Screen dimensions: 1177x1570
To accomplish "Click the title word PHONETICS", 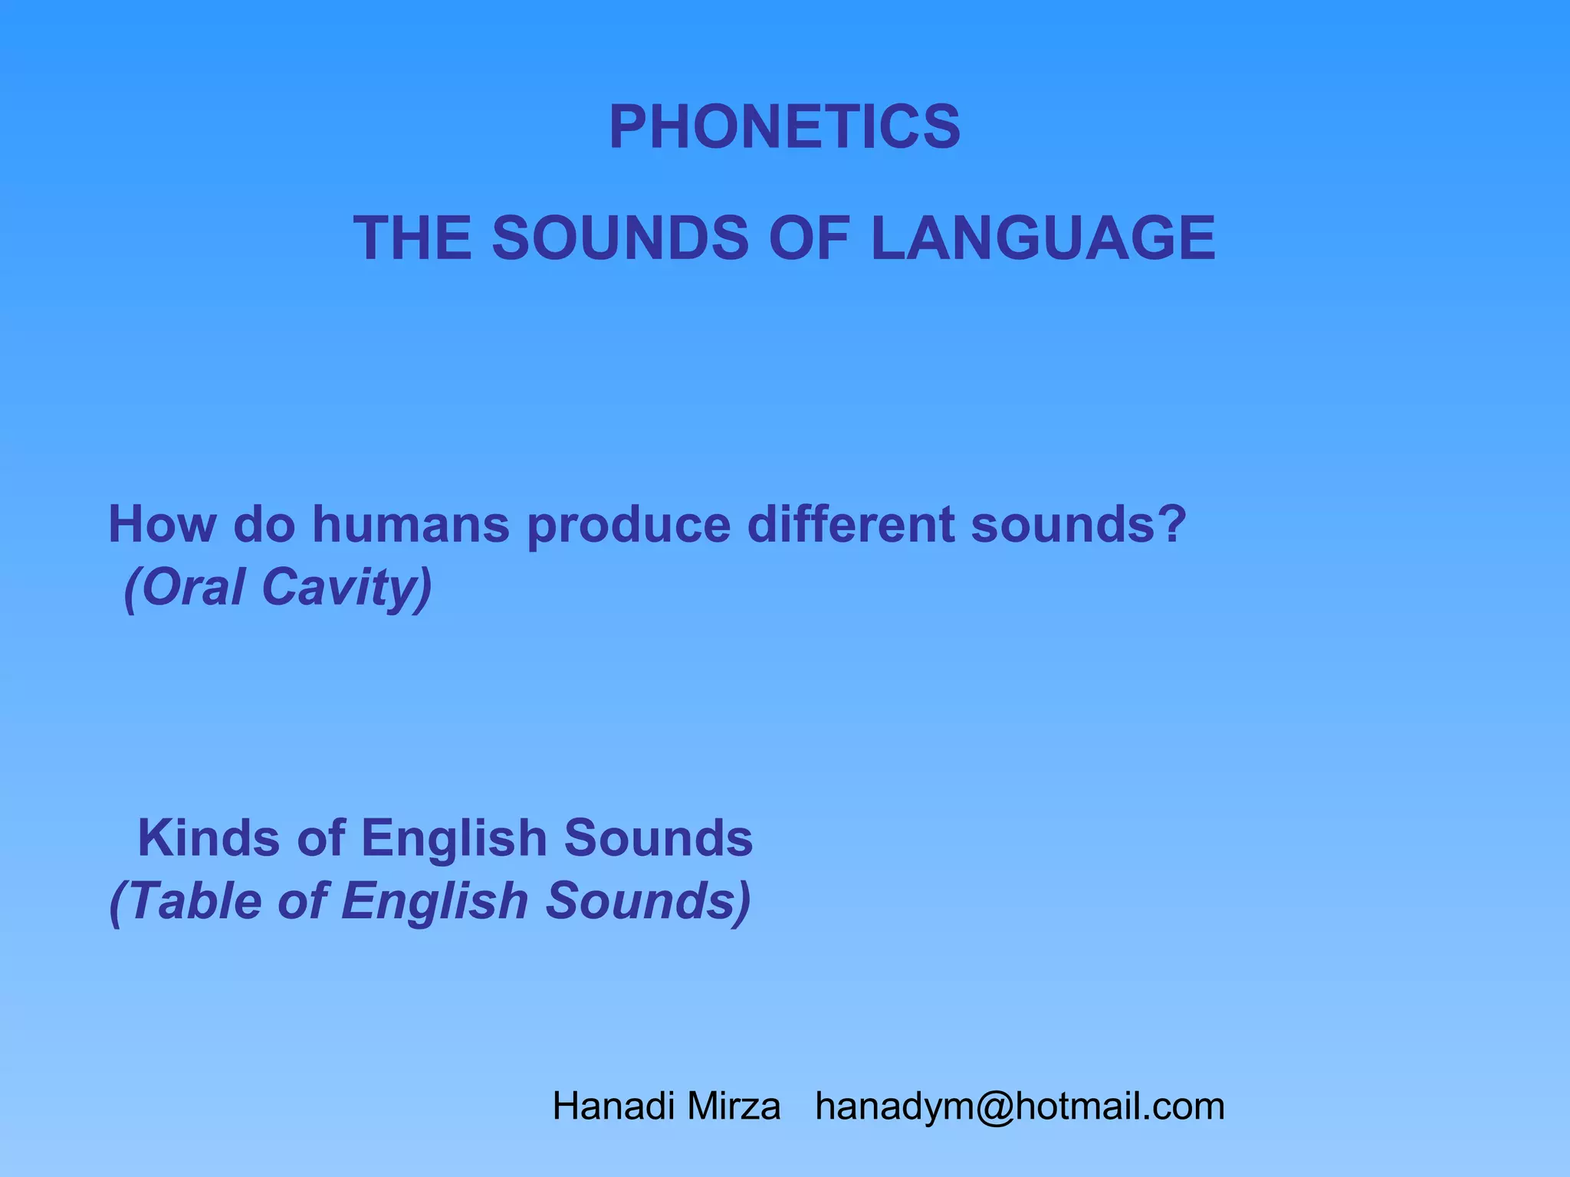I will click(x=784, y=127).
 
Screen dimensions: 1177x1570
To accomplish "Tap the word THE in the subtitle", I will click(x=412, y=238).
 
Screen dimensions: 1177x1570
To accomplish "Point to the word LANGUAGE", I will click(x=1043, y=238).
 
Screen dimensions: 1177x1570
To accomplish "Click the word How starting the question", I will click(x=160, y=525).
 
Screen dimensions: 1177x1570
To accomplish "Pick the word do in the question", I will click(x=264, y=525).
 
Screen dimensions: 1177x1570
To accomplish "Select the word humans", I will click(x=411, y=525).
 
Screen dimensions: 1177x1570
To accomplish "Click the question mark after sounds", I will click(x=1173, y=525).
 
